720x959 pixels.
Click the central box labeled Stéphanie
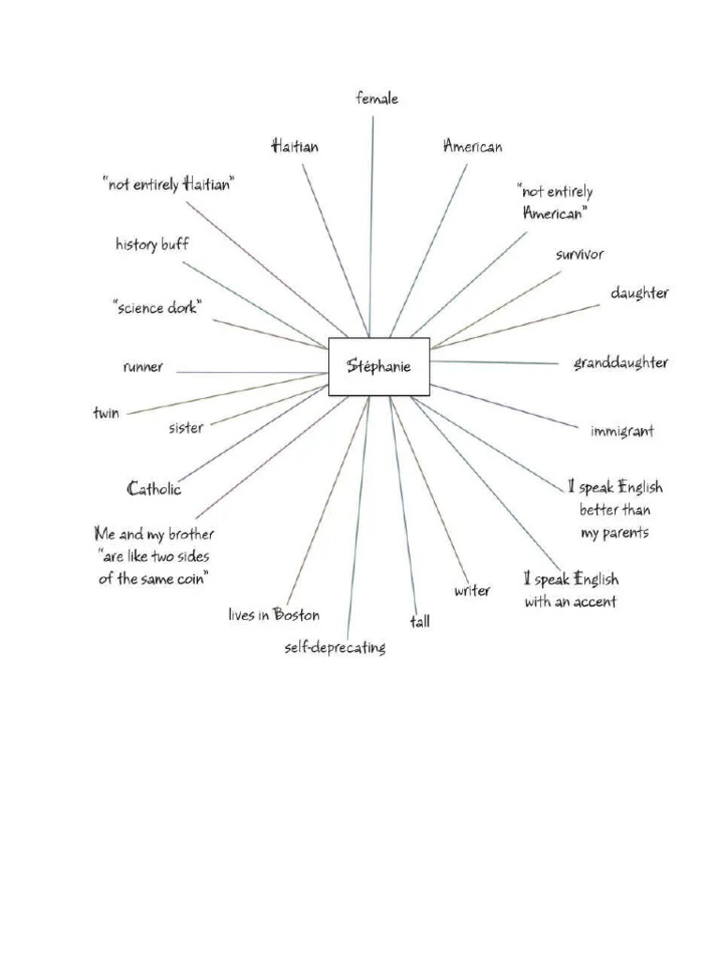(379, 366)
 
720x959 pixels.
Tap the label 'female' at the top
(377, 98)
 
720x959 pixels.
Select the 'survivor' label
(579, 254)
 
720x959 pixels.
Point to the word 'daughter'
(639, 293)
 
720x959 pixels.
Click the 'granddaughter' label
(621, 362)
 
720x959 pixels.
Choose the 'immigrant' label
(622, 431)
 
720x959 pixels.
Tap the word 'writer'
(472, 591)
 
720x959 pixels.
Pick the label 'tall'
(419, 621)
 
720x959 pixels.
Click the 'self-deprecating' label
(335, 647)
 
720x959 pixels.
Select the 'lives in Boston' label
(274, 615)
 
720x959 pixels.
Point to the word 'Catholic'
(155, 488)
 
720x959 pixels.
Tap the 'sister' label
(186, 428)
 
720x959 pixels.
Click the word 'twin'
(106, 413)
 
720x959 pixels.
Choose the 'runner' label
(142, 367)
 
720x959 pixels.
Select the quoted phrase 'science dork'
(157, 308)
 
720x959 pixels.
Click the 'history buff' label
(152, 244)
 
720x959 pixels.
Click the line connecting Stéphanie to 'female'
(372, 225)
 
